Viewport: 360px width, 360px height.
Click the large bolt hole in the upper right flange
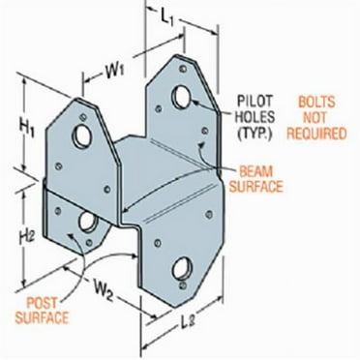(182, 97)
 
